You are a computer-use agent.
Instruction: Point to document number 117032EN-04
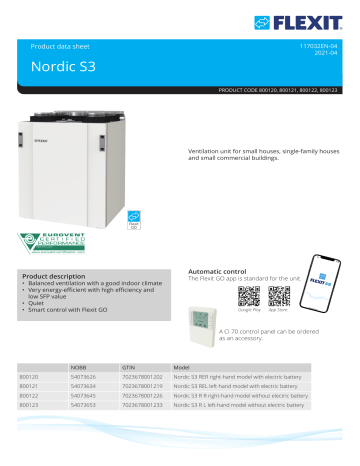328,47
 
